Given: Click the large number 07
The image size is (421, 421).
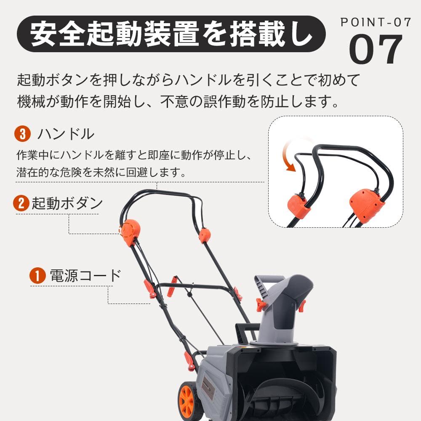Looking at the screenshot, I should [x=376, y=50].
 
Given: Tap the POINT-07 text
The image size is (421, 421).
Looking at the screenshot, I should [x=375, y=22].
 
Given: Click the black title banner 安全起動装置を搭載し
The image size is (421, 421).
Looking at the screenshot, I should [x=171, y=34].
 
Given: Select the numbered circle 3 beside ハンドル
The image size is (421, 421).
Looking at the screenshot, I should [x=23, y=134].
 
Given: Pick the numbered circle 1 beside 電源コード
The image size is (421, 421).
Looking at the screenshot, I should [x=37, y=276].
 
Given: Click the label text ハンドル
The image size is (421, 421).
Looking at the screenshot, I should [x=66, y=134].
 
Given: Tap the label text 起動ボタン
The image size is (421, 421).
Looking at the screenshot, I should [x=67, y=203].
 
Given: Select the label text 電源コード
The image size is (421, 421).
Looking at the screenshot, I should [x=85, y=276].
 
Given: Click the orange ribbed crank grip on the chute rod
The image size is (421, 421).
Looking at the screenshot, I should [x=172, y=287].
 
